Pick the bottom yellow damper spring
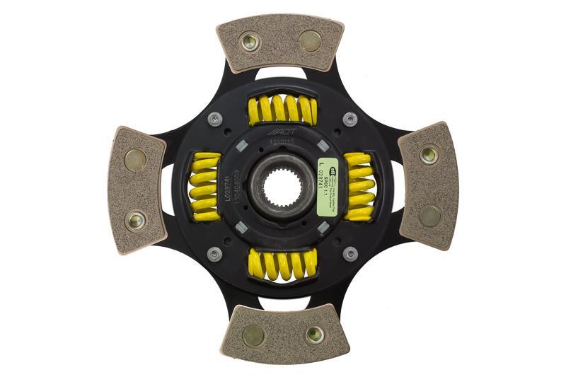(282, 264)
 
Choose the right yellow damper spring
(359, 187)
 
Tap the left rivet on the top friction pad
(250, 42)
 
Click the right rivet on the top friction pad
(310, 40)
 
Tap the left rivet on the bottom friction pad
(253, 335)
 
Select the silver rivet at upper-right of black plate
(350, 119)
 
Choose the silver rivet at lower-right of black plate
(350, 254)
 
